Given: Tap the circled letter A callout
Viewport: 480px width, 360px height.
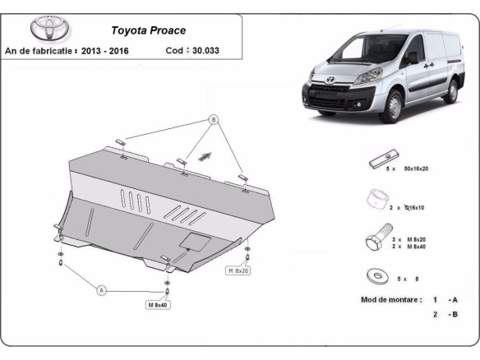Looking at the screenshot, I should (x=102, y=289).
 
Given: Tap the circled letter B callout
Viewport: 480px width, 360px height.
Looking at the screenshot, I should (x=213, y=120).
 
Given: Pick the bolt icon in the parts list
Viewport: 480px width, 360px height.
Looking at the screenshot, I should (x=374, y=242).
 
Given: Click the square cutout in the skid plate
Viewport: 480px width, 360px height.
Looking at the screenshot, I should (x=196, y=241).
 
